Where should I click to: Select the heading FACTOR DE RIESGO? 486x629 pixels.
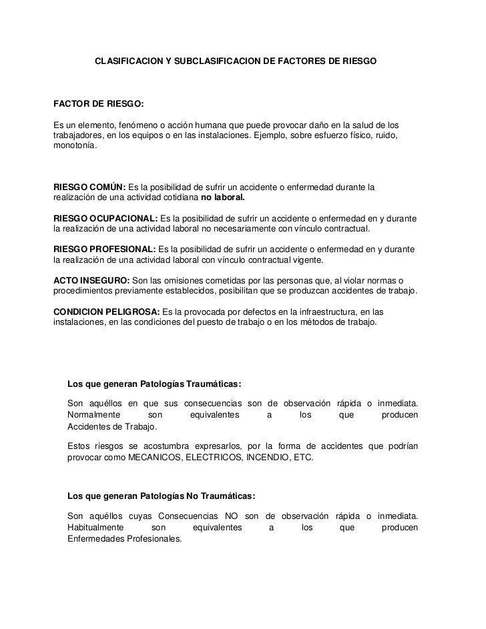(97, 105)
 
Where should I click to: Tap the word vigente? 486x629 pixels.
(305, 260)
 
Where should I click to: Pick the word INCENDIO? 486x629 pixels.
(266, 459)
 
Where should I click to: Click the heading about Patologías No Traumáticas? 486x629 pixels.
(161, 496)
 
